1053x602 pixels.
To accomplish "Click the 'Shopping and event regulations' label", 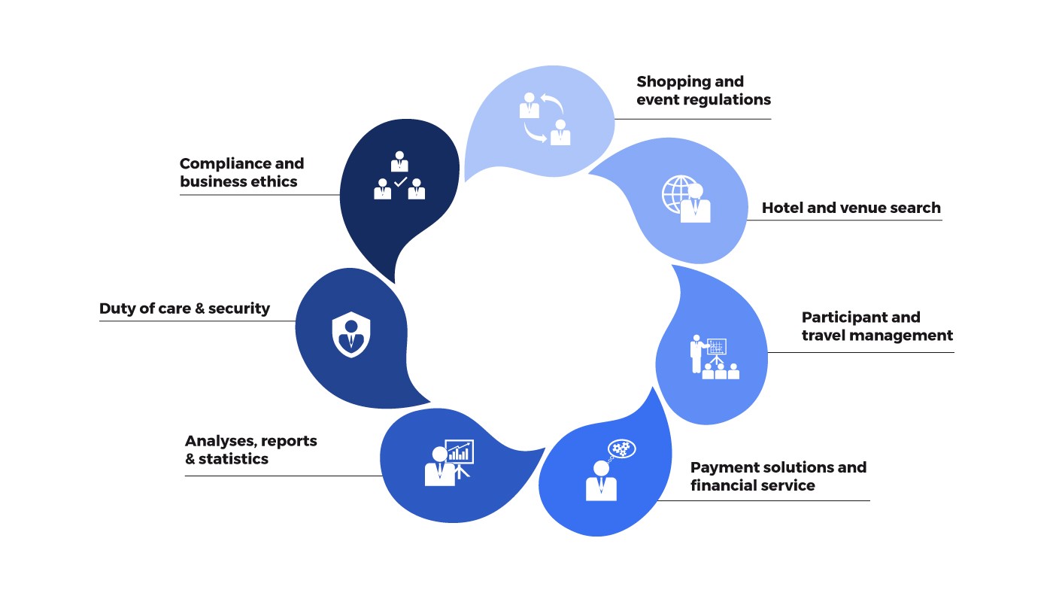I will coord(703,91).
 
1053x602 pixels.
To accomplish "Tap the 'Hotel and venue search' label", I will coord(851,208).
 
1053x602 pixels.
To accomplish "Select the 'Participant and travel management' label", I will coord(877,327).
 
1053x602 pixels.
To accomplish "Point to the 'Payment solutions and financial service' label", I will coord(778,476).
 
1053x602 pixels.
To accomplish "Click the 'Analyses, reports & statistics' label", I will coord(250,450).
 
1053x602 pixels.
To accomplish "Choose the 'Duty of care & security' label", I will coord(184,309).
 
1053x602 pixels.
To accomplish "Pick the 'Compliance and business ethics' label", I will coord(241,173).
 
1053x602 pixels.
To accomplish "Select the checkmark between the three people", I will coord(400,182).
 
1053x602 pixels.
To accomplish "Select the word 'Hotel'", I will coord(782,208).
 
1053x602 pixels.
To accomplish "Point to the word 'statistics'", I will coord(233,459).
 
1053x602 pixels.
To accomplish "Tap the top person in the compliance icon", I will coord(399,162).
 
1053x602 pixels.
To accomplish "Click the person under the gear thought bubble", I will coord(601,482).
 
